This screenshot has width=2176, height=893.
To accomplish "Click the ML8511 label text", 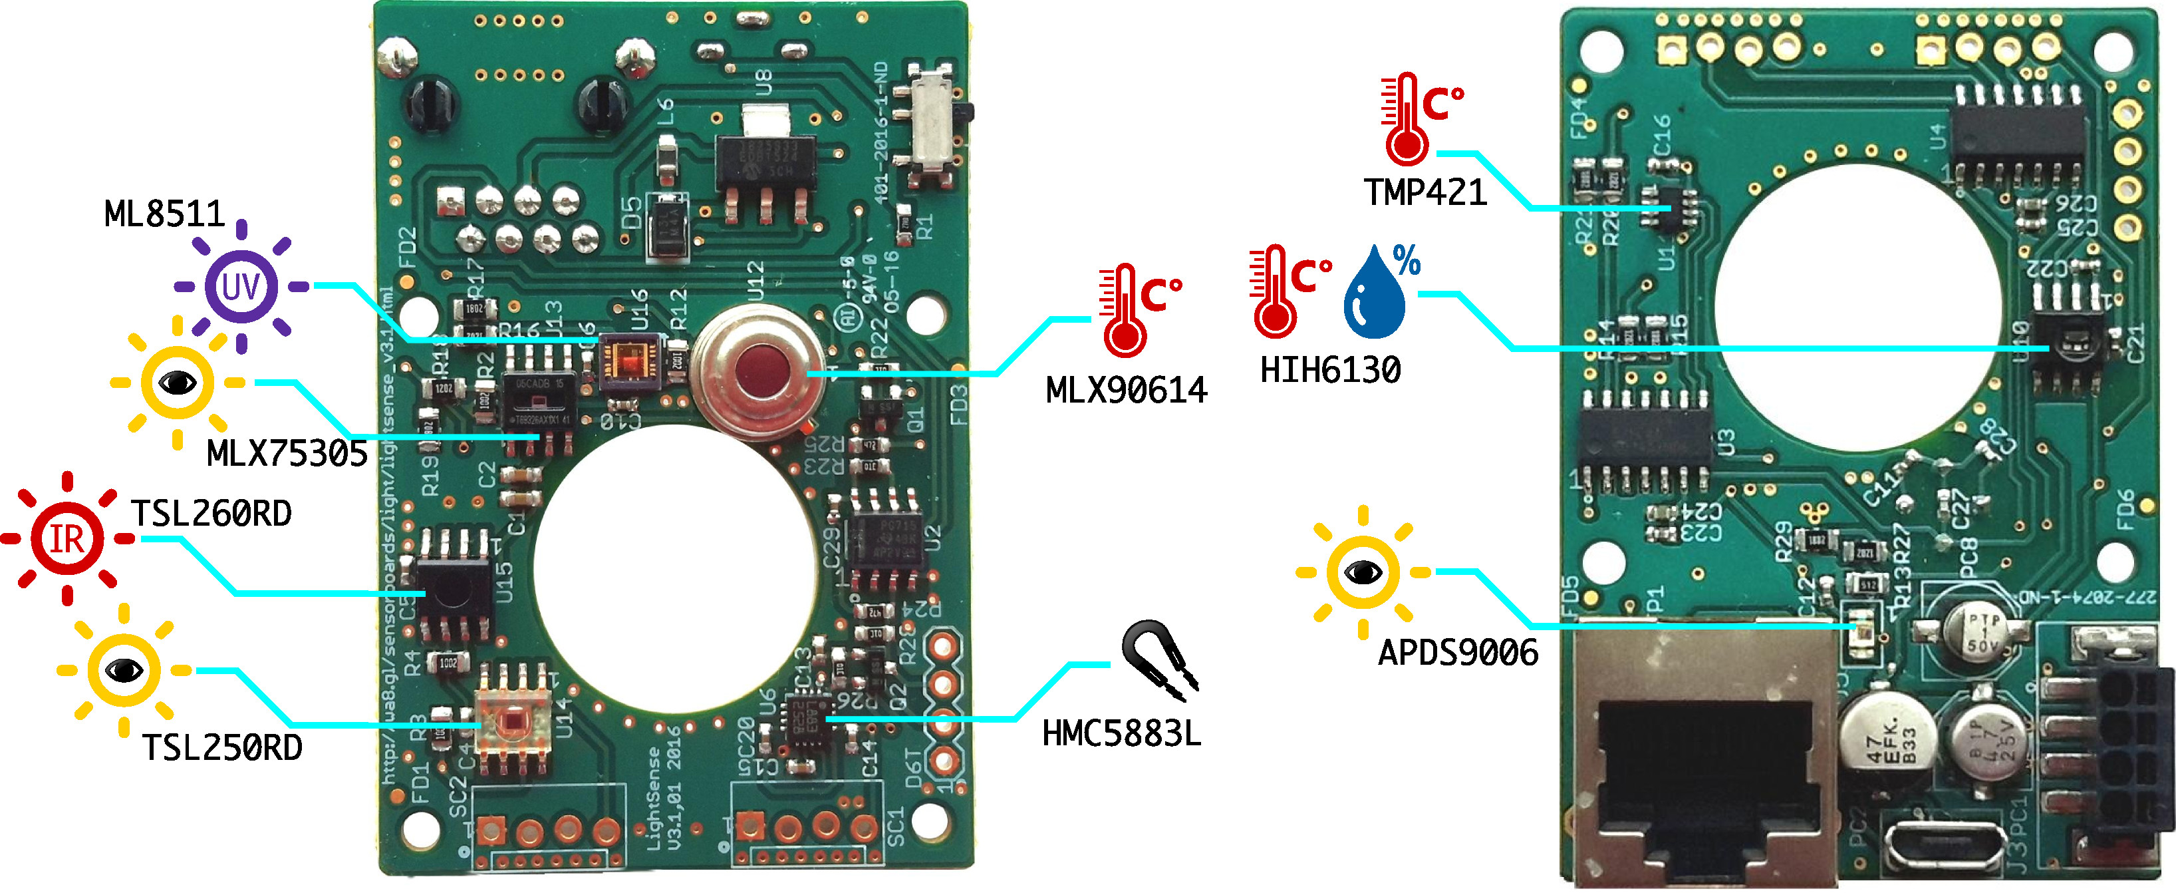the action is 165,214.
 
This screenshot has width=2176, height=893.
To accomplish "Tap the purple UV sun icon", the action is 241,286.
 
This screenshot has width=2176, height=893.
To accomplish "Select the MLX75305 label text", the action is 287,454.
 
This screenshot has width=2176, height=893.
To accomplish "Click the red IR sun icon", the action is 68,538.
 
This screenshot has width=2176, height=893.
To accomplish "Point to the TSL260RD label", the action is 212,514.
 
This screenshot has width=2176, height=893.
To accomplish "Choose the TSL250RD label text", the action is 222,748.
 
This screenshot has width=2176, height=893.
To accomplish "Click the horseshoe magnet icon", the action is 1159,659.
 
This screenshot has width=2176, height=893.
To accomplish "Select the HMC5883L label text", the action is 1121,733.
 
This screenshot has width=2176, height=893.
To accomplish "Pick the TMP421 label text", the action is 1425,192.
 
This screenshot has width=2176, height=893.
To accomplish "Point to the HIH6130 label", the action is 1331,370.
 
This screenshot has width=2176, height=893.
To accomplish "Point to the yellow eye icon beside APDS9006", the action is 1363,573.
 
